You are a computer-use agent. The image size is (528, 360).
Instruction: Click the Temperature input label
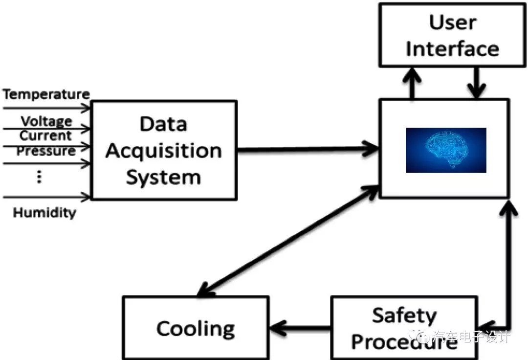tap(46, 94)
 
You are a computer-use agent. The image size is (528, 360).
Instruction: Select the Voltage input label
tap(46, 121)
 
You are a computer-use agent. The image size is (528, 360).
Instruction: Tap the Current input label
tap(45, 135)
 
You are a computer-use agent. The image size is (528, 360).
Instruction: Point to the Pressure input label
tap(46, 151)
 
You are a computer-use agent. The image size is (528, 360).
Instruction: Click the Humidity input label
tap(44, 213)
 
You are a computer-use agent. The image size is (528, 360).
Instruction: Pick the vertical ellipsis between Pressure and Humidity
tap(40, 177)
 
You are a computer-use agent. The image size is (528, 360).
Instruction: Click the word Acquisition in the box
tap(163, 150)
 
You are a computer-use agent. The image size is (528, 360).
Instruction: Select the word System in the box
tap(163, 177)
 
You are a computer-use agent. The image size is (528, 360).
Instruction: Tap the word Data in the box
tap(163, 124)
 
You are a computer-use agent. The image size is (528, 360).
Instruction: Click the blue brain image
tap(446, 150)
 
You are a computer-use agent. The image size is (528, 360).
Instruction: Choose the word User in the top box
tap(453, 22)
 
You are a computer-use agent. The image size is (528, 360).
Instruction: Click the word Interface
tap(453, 49)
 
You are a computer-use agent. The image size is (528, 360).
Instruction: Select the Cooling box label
tap(196, 328)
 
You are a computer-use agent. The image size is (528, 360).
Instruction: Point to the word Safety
tap(404, 315)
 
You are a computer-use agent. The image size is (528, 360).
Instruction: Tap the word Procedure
tap(404, 342)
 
